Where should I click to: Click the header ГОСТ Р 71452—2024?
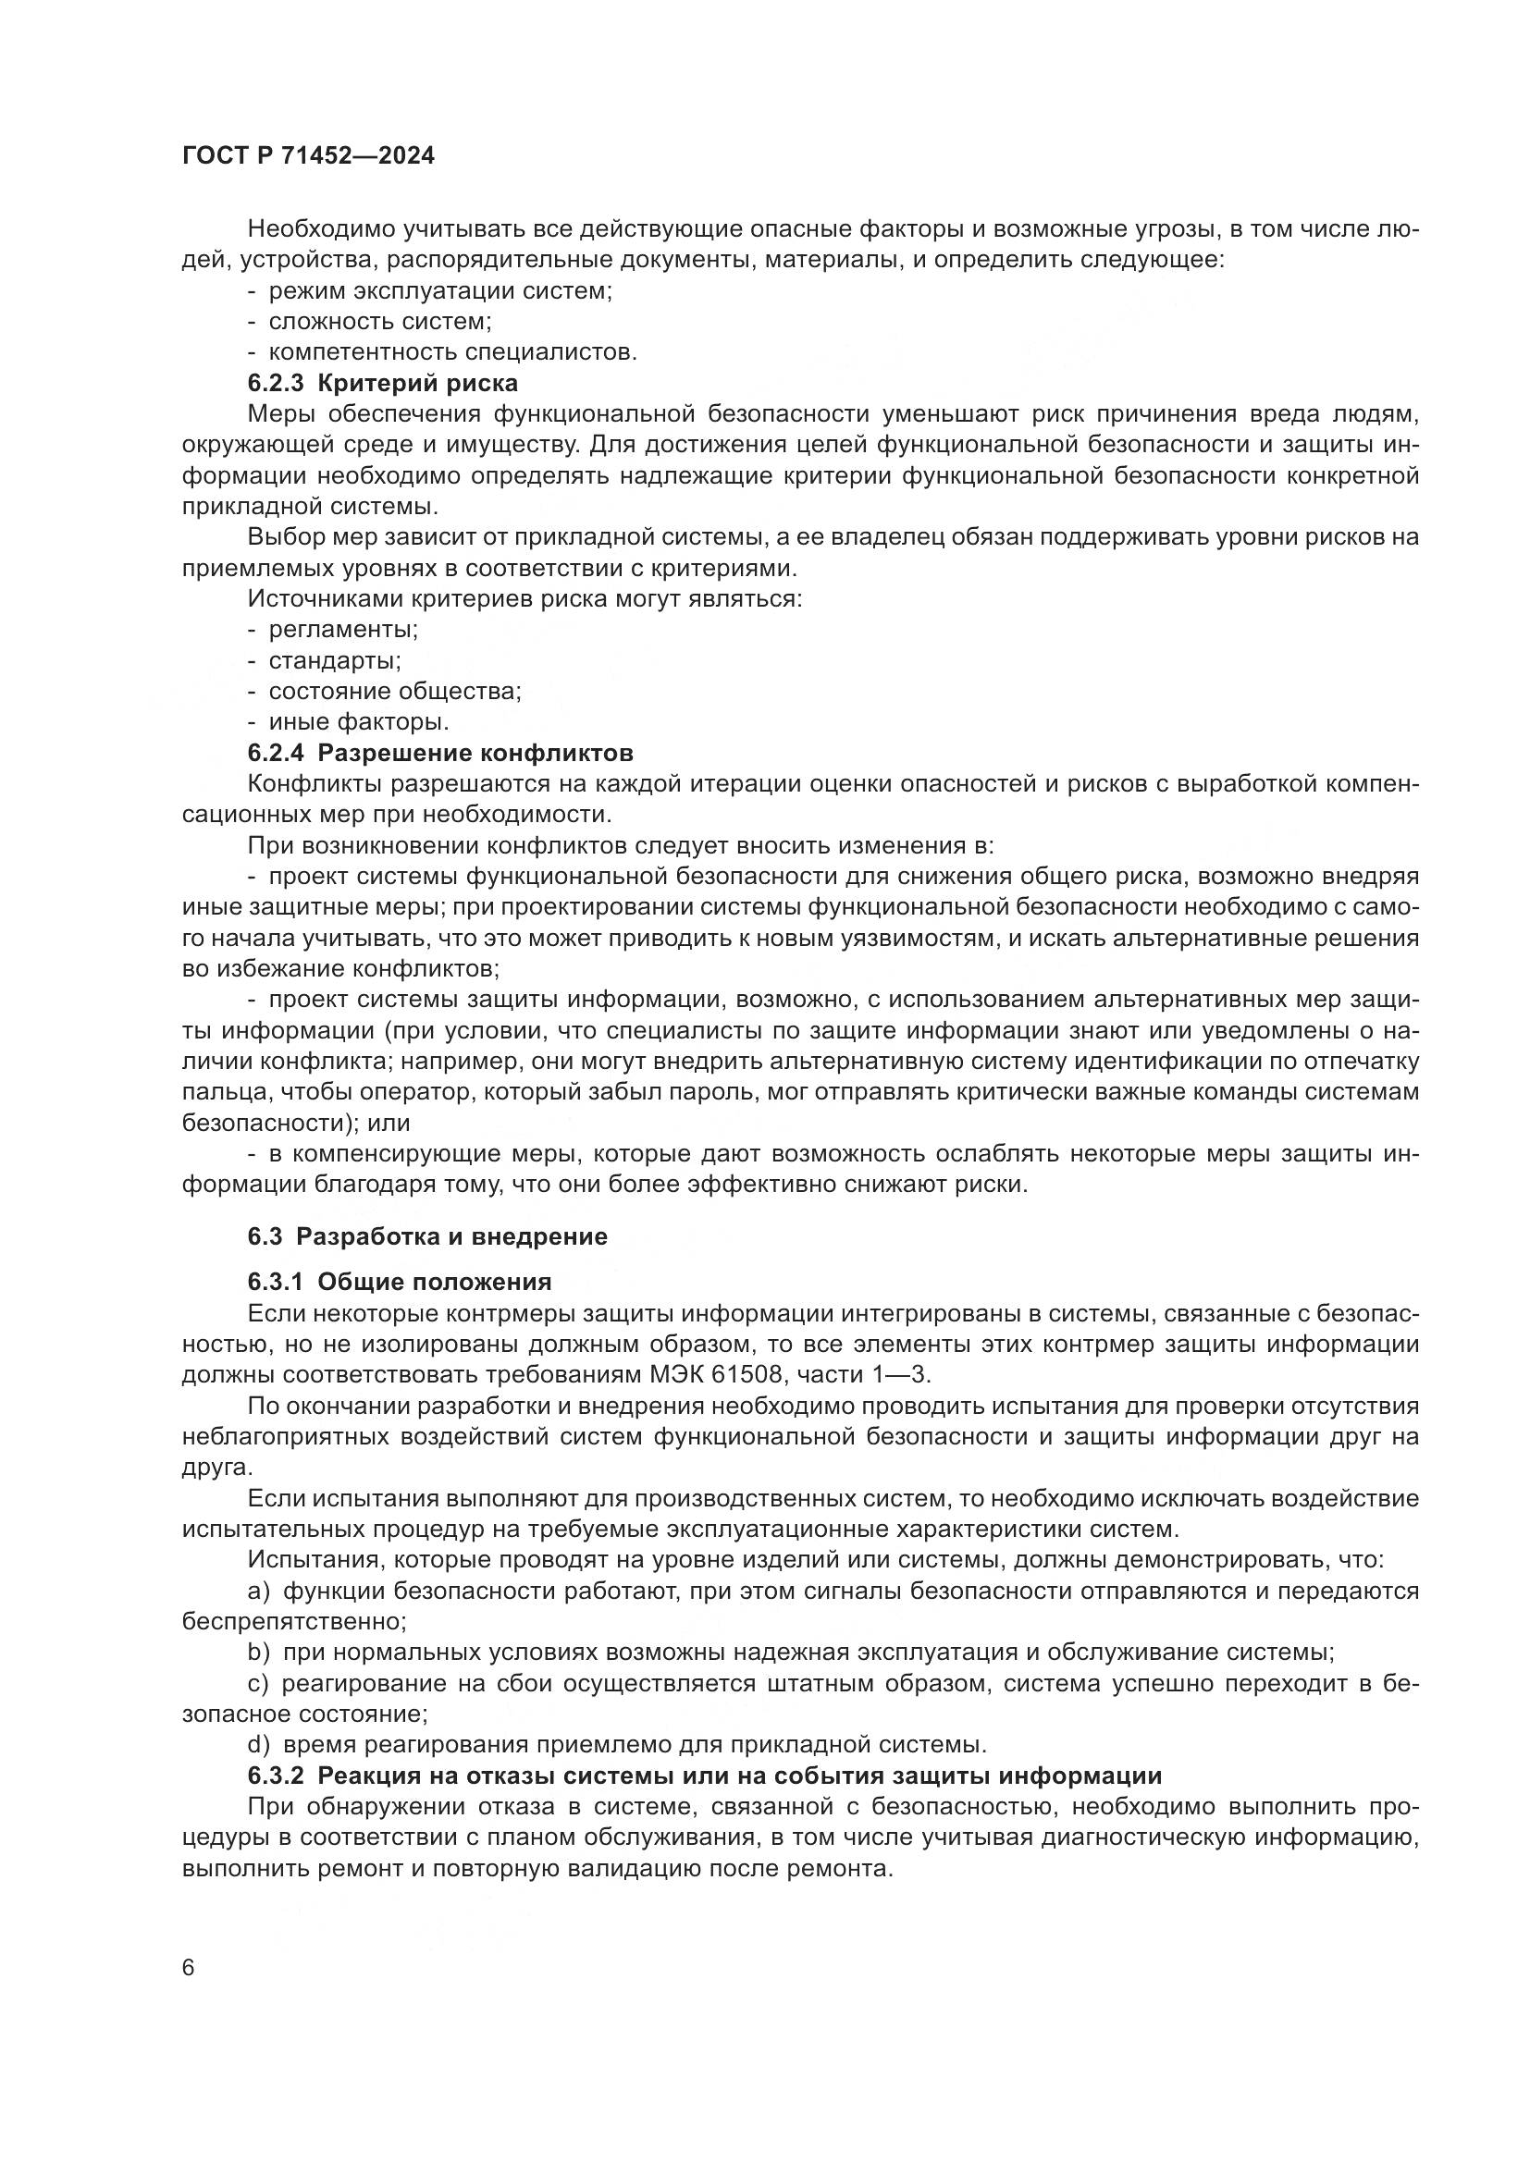pyautogui.click(x=308, y=156)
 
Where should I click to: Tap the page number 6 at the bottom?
pyautogui.click(x=189, y=1969)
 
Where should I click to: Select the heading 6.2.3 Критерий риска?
pyautogui.click(x=383, y=384)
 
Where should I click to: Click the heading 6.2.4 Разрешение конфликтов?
pyautogui.click(x=440, y=753)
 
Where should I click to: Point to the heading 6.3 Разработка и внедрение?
pyautogui.click(x=427, y=1237)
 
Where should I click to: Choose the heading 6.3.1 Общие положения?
pyautogui.click(x=400, y=1282)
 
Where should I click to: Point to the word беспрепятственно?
pyautogui.click(x=294, y=1622)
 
